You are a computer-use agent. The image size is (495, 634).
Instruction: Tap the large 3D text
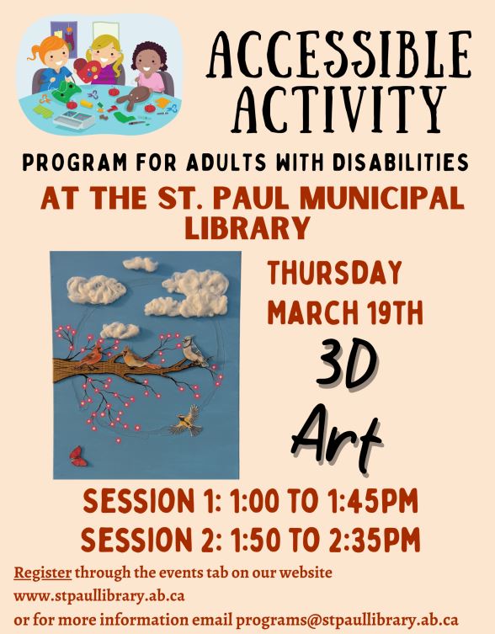(346, 365)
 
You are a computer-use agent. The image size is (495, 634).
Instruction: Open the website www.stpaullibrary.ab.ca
(99, 595)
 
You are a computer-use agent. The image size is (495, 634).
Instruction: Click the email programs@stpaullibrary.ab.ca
(347, 619)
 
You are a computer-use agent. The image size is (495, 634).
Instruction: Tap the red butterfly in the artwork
(77, 456)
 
